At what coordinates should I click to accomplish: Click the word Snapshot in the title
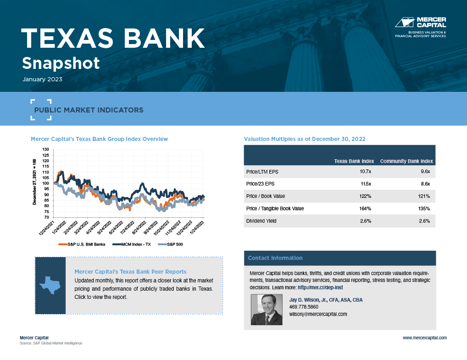(61, 63)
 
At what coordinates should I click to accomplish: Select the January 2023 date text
(42, 79)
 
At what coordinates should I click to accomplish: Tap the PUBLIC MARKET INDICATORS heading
(89, 110)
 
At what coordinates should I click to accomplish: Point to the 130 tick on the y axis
(45, 150)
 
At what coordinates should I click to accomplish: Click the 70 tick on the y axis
(47, 217)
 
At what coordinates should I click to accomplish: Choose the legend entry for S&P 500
(170, 244)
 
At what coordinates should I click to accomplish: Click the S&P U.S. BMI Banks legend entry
(83, 244)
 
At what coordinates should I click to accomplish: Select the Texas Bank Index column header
(354, 161)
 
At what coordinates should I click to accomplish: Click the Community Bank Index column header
(406, 161)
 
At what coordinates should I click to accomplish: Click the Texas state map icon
(50, 285)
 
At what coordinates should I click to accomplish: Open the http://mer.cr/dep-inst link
(320, 287)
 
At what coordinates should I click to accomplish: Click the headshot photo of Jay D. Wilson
(267, 309)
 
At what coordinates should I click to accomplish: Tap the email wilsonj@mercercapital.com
(318, 314)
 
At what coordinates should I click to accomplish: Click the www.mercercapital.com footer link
(424, 337)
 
